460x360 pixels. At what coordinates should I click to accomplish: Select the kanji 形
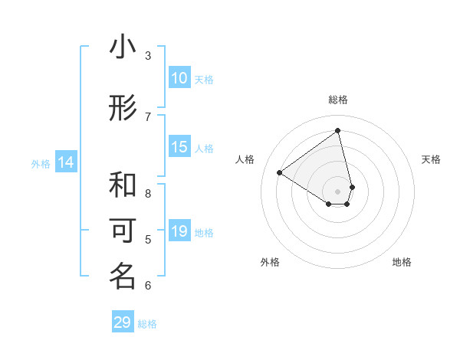pyautogui.click(x=123, y=109)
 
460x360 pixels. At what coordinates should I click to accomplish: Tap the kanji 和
pyautogui.click(x=123, y=185)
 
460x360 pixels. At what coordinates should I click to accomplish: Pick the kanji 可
pyautogui.click(x=123, y=231)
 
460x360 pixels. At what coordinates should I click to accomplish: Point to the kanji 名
pyautogui.click(x=123, y=277)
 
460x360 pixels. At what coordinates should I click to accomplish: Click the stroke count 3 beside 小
pyautogui.click(x=148, y=55)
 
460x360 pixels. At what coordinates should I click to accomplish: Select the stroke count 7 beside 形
pyautogui.click(x=148, y=116)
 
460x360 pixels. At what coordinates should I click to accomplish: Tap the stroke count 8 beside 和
pyautogui.click(x=148, y=193)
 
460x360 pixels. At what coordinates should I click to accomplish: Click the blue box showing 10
pyautogui.click(x=179, y=78)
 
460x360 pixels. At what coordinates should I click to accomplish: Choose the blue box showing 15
pyautogui.click(x=179, y=148)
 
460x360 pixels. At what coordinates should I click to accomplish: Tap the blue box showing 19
pyautogui.click(x=179, y=231)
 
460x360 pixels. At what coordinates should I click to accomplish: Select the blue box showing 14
pyautogui.click(x=66, y=162)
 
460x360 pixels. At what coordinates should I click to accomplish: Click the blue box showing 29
pyautogui.click(x=123, y=322)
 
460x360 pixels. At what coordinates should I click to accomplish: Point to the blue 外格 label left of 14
pyautogui.click(x=41, y=163)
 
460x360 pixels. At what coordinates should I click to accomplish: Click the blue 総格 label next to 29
pyautogui.click(x=147, y=324)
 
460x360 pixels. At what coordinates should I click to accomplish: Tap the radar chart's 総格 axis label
pyautogui.click(x=338, y=100)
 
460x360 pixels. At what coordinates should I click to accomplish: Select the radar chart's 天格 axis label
pyautogui.click(x=431, y=159)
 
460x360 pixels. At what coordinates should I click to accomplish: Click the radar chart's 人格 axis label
pyautogui.click(x=245, y=159)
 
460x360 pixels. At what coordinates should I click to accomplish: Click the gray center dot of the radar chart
pyautogui.click(x=338, y=191)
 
